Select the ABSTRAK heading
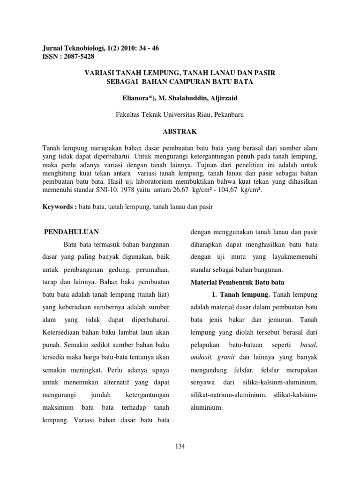pos(180,132)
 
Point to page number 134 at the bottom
pos(180,446)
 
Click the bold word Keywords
pos(56,207)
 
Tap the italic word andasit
pos(201,357)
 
